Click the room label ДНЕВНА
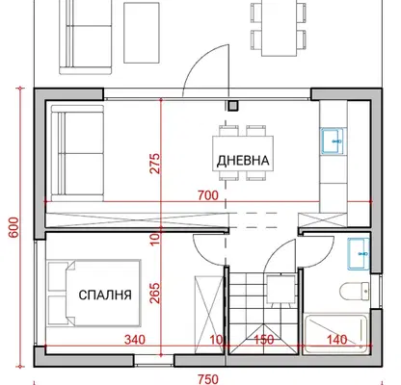point(243,160)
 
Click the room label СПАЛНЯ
point(105,295)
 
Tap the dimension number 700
point(208,195)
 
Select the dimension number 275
point(155,164)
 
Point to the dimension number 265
point(155,293)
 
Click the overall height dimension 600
point(13,227)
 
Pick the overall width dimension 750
point(208,379)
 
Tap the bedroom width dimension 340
point(135,340)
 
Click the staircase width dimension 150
point(264,340)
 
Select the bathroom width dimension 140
point(337,340)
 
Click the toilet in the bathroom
point(355,291)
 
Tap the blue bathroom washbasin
point(359,253)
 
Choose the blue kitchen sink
point(334,141)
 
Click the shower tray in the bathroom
point(335,334)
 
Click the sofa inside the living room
point(77,153)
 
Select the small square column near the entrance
point(232,106)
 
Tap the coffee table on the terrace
point(142,33)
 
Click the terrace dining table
point(279,28)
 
